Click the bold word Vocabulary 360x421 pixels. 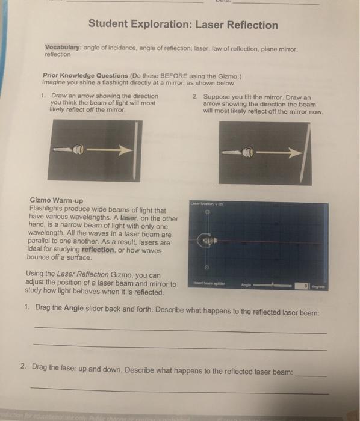click(64, 47)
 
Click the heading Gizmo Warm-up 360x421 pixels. click(56, 200)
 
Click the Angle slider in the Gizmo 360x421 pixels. click(276, 286)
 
